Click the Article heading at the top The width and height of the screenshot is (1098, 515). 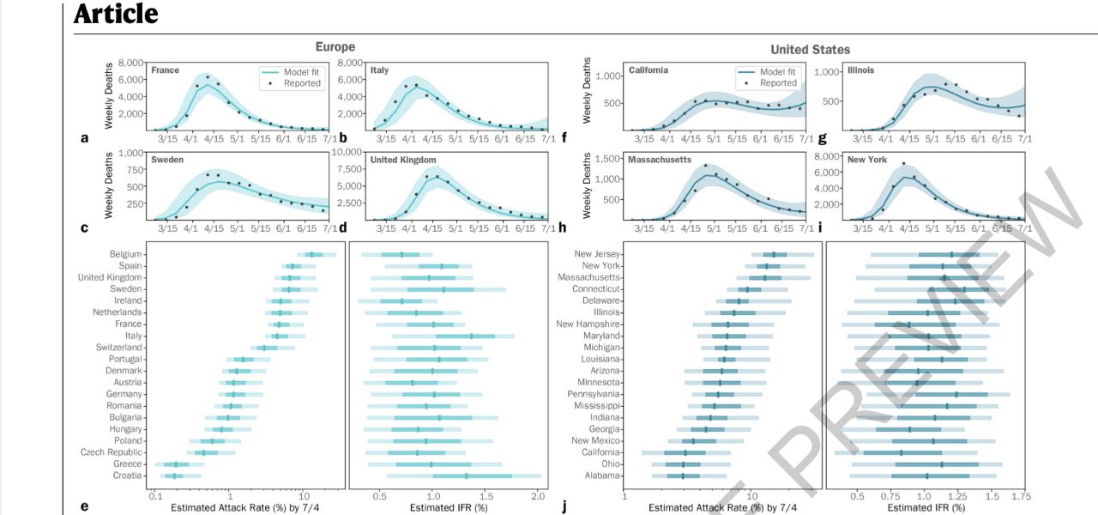[x=116, y=15]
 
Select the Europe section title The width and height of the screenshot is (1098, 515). [x=335, y=47]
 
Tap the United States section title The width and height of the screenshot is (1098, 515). [x=810, y=50]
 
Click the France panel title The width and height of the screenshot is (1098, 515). [x=165, y=70]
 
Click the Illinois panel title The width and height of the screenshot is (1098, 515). [x=860, y=70]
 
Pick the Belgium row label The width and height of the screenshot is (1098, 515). [x=126, y=255]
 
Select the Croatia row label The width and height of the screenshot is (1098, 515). [x=127, y=476]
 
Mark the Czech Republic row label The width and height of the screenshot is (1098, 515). [x=112, y=452]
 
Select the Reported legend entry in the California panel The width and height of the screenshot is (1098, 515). [x=777, y=83]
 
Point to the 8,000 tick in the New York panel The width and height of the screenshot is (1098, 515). [x=827, y=156]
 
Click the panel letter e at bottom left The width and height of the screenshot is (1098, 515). [x=84, y=506]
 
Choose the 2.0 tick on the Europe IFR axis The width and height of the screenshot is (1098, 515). [x=538, y=496]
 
